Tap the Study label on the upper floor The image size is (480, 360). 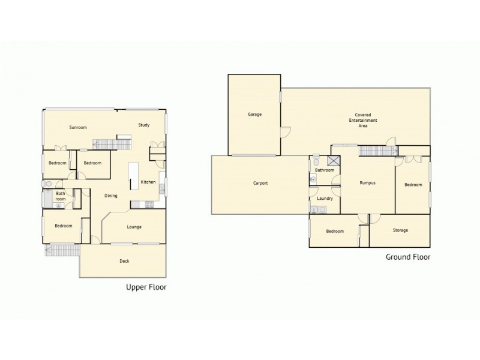(x=143, y=125)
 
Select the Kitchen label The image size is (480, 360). (x=148, y=182)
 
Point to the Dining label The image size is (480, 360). (x=110, y=196)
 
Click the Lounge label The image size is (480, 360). (x=134, y=227)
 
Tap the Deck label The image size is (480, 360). (x=124, y=261)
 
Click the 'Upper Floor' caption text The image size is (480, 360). (x=146, y=287)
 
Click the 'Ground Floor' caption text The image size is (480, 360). (x=407, y=257)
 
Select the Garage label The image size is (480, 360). (x=254, y=114)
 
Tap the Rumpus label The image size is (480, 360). (x=367, y=183)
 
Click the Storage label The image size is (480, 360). (x=400, y=230)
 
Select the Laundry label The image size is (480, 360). (x=325, y=197)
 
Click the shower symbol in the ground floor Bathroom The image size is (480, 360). (x=334, y=161)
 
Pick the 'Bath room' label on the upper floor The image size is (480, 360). (x=60, y=196)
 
